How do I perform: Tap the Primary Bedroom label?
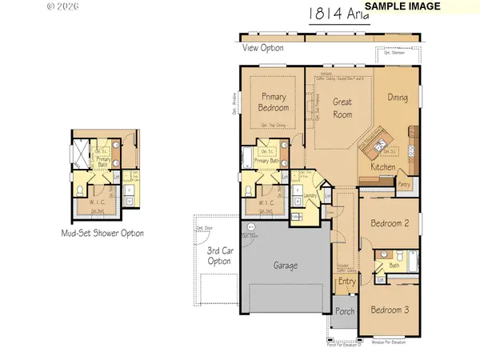(x=274, y=102)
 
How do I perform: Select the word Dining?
(x=398, y=98)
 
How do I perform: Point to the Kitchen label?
(x=383, y=166)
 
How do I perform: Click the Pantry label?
(x=405, y=183)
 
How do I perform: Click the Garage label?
(x=285, y=265)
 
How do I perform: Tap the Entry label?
(x=346, y=281)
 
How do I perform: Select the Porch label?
(x=345, y=312)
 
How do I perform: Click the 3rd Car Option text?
(x=218, y=256)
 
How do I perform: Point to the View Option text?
(x=263, y=48)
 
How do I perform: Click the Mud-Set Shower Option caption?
(x=103, y=234)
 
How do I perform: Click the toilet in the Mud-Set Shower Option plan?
(x=82, y=190)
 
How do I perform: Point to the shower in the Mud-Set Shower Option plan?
(x=81, y=151)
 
